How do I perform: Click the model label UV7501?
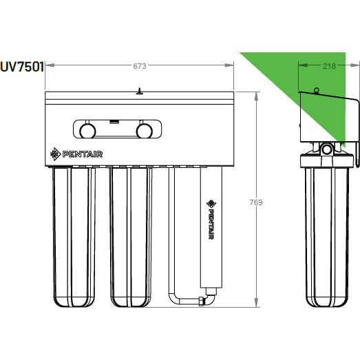click(22, 67)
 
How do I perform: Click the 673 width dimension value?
click(140, 66)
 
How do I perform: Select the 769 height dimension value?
click(256, 202)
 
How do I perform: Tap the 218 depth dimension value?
click(329, 66)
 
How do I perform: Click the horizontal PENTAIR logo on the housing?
click(76, 154)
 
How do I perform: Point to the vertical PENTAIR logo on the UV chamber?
click(211, 220)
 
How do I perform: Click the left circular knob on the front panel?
click(87, 131)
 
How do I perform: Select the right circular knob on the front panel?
click(144, 131)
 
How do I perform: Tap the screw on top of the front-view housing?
click(139, 91)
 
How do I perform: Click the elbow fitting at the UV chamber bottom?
click(210, 298)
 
